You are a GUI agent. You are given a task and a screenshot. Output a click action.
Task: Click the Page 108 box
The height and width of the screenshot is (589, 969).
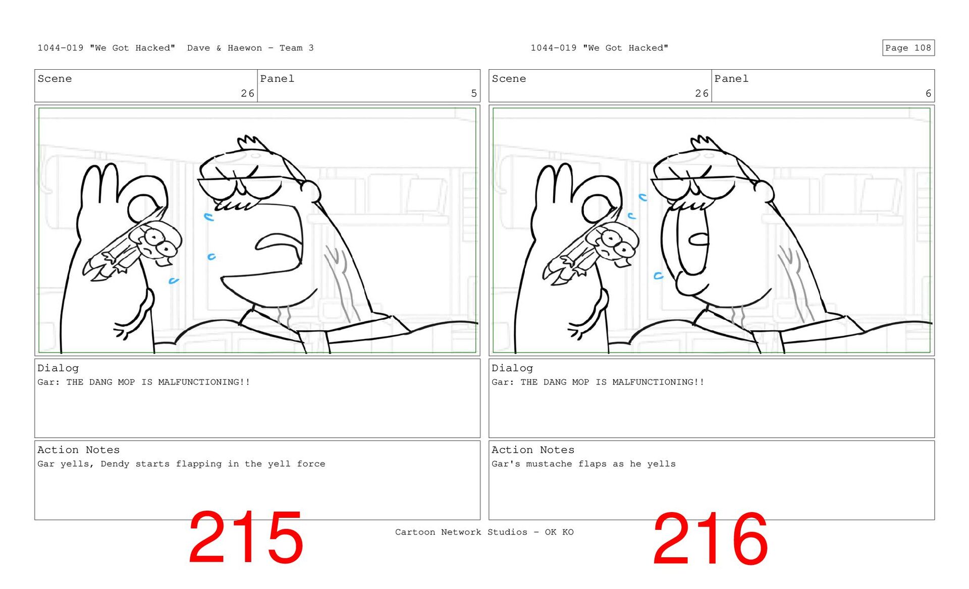click(908, 48)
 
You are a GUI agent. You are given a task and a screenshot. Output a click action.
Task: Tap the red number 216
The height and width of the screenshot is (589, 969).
click(711, 538)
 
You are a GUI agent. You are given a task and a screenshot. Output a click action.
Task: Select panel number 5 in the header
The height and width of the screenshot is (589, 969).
click(474, 93)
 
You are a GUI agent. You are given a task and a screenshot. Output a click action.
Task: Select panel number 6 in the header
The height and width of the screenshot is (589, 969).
click(928, 93)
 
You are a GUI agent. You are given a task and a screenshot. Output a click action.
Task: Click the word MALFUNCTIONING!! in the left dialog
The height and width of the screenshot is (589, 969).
click(204, 382)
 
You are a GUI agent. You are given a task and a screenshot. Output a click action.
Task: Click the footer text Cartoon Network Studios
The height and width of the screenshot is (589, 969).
click(461, 532)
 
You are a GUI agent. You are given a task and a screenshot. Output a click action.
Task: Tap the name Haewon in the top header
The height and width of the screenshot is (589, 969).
click(245, 48)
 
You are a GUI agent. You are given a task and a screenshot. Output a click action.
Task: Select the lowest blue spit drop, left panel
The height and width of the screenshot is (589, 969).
click(173, 281)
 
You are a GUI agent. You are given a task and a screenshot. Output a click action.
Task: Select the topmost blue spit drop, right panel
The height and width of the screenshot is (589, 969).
click(642, 198)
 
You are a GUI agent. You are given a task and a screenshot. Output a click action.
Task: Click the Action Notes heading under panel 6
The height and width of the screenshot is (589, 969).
click(532, 450)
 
